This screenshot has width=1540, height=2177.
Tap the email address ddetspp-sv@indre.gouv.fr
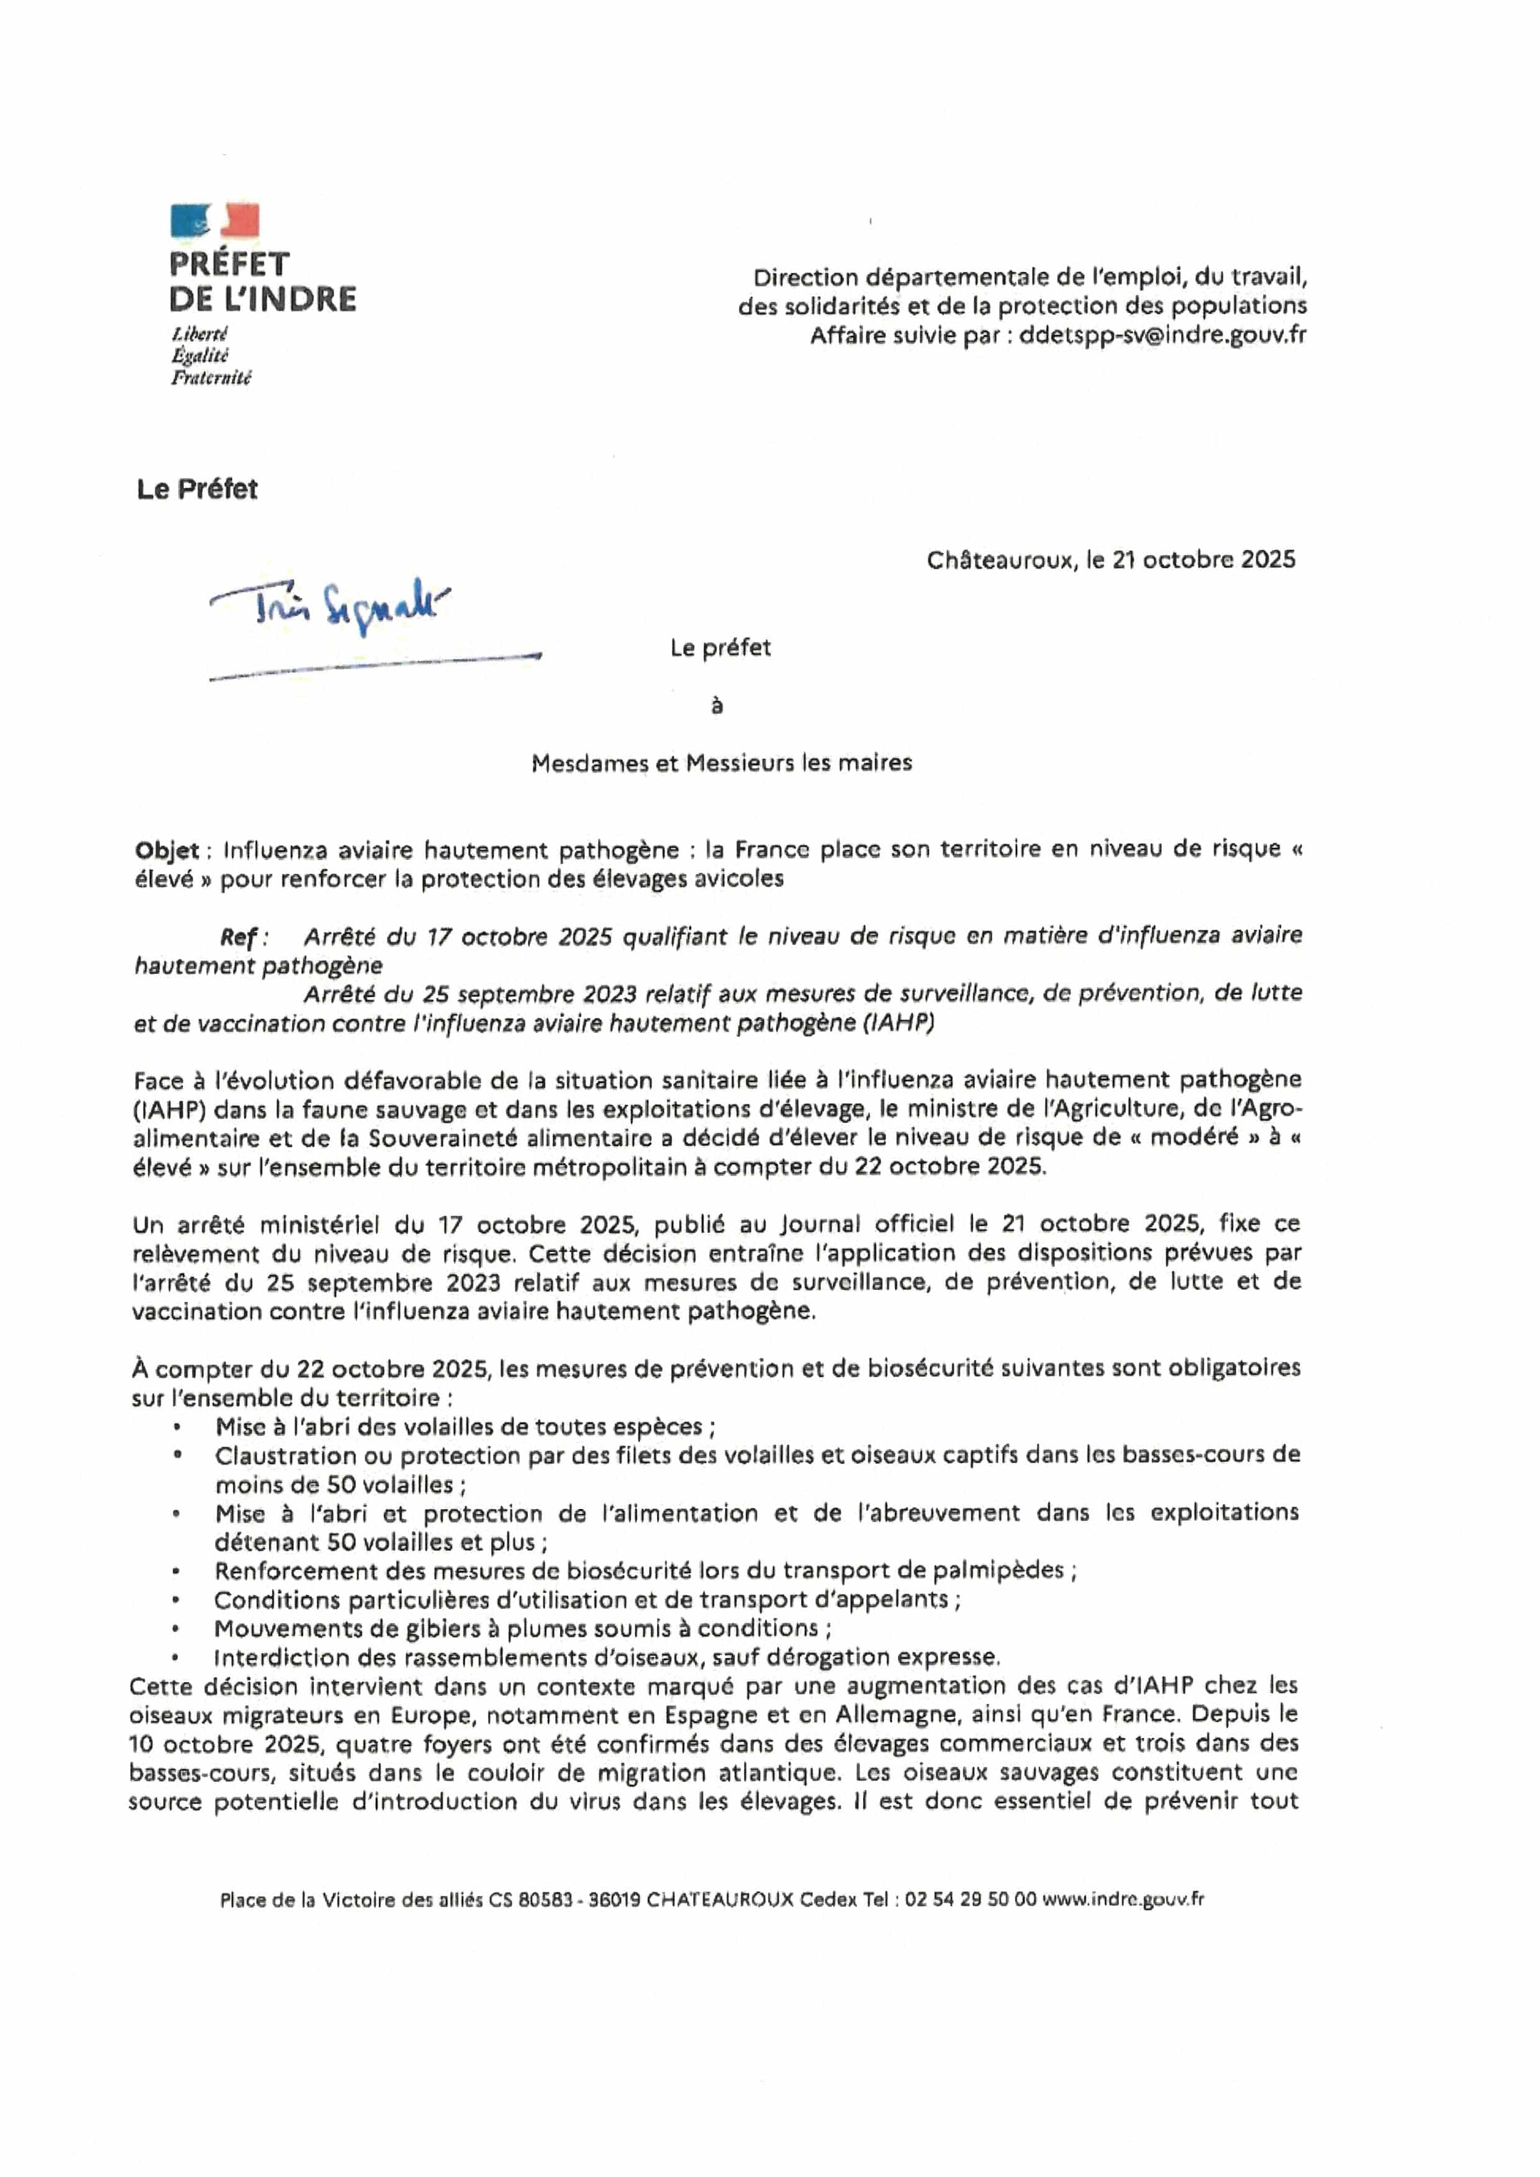click(x=1162, y=335)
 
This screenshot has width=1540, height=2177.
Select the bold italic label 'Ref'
click(x=240, y=937)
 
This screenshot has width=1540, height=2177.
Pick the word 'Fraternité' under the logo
click(x=211, y=378)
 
